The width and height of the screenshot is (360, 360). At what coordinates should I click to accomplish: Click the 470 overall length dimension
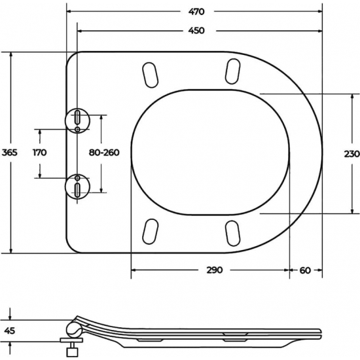196,11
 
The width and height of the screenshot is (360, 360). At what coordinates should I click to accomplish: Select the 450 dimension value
196,31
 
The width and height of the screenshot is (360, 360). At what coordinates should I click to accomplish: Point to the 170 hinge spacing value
40,153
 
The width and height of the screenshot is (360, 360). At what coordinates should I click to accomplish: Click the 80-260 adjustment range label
103,153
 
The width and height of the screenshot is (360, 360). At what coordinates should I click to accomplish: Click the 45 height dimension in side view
9,330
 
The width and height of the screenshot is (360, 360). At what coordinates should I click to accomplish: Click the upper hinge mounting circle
78,119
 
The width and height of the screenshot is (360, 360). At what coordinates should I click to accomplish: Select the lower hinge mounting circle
78,187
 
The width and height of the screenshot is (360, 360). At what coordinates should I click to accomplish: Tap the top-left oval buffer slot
149,73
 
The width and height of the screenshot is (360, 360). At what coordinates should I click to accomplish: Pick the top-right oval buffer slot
232,71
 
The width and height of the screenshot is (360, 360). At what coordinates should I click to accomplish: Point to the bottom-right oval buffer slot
232,233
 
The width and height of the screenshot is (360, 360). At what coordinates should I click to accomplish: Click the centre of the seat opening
209,153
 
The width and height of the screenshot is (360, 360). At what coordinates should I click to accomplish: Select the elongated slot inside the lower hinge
78,190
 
